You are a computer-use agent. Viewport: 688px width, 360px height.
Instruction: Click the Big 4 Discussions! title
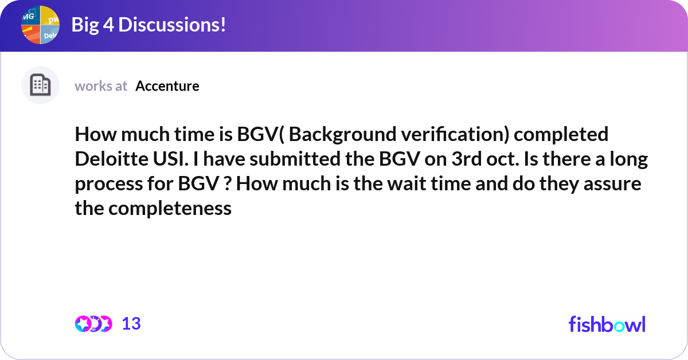point(148,25)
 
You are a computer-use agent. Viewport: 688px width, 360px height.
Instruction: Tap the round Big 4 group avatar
point(40,25)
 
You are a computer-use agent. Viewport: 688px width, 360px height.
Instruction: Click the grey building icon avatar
point(40,85)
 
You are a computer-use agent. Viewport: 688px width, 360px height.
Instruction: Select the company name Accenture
point(167,86)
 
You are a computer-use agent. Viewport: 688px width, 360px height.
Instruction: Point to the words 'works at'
point(101,86)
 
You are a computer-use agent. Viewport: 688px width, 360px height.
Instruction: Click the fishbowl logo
point(607,324)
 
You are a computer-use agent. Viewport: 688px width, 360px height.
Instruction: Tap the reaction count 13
point(131,324)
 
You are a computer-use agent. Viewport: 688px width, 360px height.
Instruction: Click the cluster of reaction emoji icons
point(93,324)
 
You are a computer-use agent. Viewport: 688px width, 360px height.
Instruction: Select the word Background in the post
point(342,135)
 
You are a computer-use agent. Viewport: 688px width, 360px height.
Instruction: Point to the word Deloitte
point(112,159)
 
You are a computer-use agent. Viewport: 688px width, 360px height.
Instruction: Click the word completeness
point(170,209)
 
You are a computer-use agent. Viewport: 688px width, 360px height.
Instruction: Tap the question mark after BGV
point(227,183)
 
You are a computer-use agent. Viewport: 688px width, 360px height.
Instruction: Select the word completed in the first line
point(561,135)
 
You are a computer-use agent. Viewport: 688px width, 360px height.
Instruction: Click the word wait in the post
point(406,183)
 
